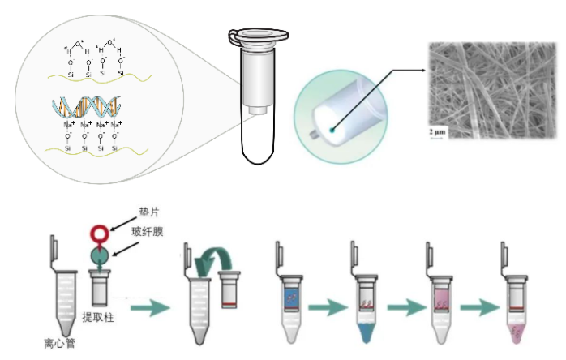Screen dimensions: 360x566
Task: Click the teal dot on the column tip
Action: pyautogui.click(x=332, y=128)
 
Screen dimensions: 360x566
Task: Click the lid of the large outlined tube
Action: pyautogui.click(x=259, y=36)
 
